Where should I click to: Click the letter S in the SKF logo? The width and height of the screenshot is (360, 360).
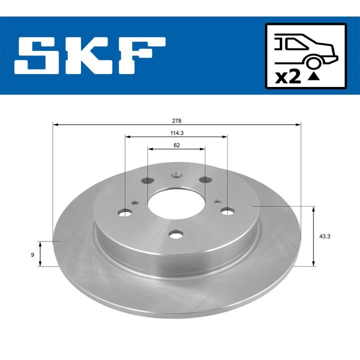click(x=40, y=55)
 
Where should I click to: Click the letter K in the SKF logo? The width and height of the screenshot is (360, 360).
click(x=90, y=55)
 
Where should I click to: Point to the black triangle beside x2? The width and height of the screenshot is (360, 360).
click(x=313, y=76)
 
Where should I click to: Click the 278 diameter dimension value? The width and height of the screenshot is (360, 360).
click(x=176, y=120)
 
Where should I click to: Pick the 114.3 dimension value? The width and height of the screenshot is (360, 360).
click(x=176, y=133)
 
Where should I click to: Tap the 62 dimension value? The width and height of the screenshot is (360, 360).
click(x=176, y=145)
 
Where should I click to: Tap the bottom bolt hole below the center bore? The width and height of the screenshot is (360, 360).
click(x=175, y=234)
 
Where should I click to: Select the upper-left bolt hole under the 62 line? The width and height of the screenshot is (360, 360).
click(x=147, y=180)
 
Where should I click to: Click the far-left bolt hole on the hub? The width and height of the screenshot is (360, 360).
click(x=125, y=212)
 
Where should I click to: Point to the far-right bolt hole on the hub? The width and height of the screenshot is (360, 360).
click(x=227, y=211)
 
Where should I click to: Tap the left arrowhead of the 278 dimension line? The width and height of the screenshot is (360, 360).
click(x=54, y=123)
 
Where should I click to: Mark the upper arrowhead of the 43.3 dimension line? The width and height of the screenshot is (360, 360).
click(x=313, y=208)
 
